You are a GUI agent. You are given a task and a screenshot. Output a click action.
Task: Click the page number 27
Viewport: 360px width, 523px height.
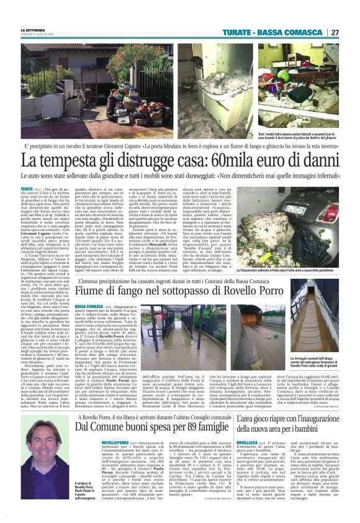point(335,32)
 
